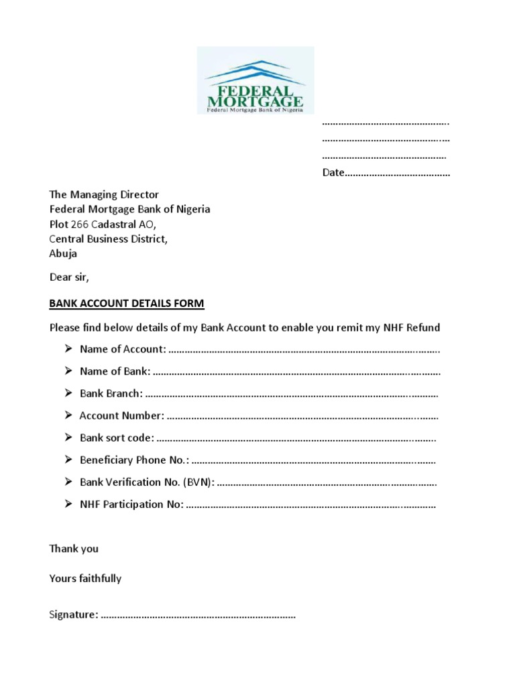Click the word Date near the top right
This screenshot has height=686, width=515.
click(333, 173)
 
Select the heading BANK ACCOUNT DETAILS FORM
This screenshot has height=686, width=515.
click(127, 303)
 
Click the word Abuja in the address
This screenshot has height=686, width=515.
click(63, 253)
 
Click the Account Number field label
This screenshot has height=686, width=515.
click(121, 415)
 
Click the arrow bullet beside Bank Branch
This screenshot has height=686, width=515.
click(68, 393)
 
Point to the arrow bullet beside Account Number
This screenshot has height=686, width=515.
click(68, 415)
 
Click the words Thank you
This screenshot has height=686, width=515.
click(74, 549)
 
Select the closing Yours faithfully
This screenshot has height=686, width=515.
click(85, 578)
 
